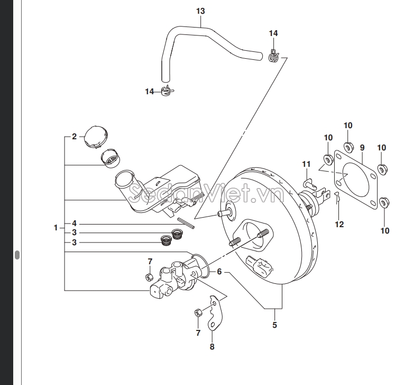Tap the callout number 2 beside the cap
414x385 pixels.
[75, 137]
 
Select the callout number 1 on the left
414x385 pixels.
[56, 228]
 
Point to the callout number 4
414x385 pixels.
[75, 223]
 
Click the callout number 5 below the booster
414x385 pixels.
[275, 325]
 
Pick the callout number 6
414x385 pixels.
[219, 272]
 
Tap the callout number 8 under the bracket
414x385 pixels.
[212, 347]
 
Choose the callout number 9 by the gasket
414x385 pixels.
[362, 147]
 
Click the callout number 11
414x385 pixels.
[306, 164]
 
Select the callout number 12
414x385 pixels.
[339, 224]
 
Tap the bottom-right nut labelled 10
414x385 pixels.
[384, 202]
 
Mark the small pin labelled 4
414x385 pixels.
[187, 224]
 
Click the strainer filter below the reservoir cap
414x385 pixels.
[111, 158]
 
